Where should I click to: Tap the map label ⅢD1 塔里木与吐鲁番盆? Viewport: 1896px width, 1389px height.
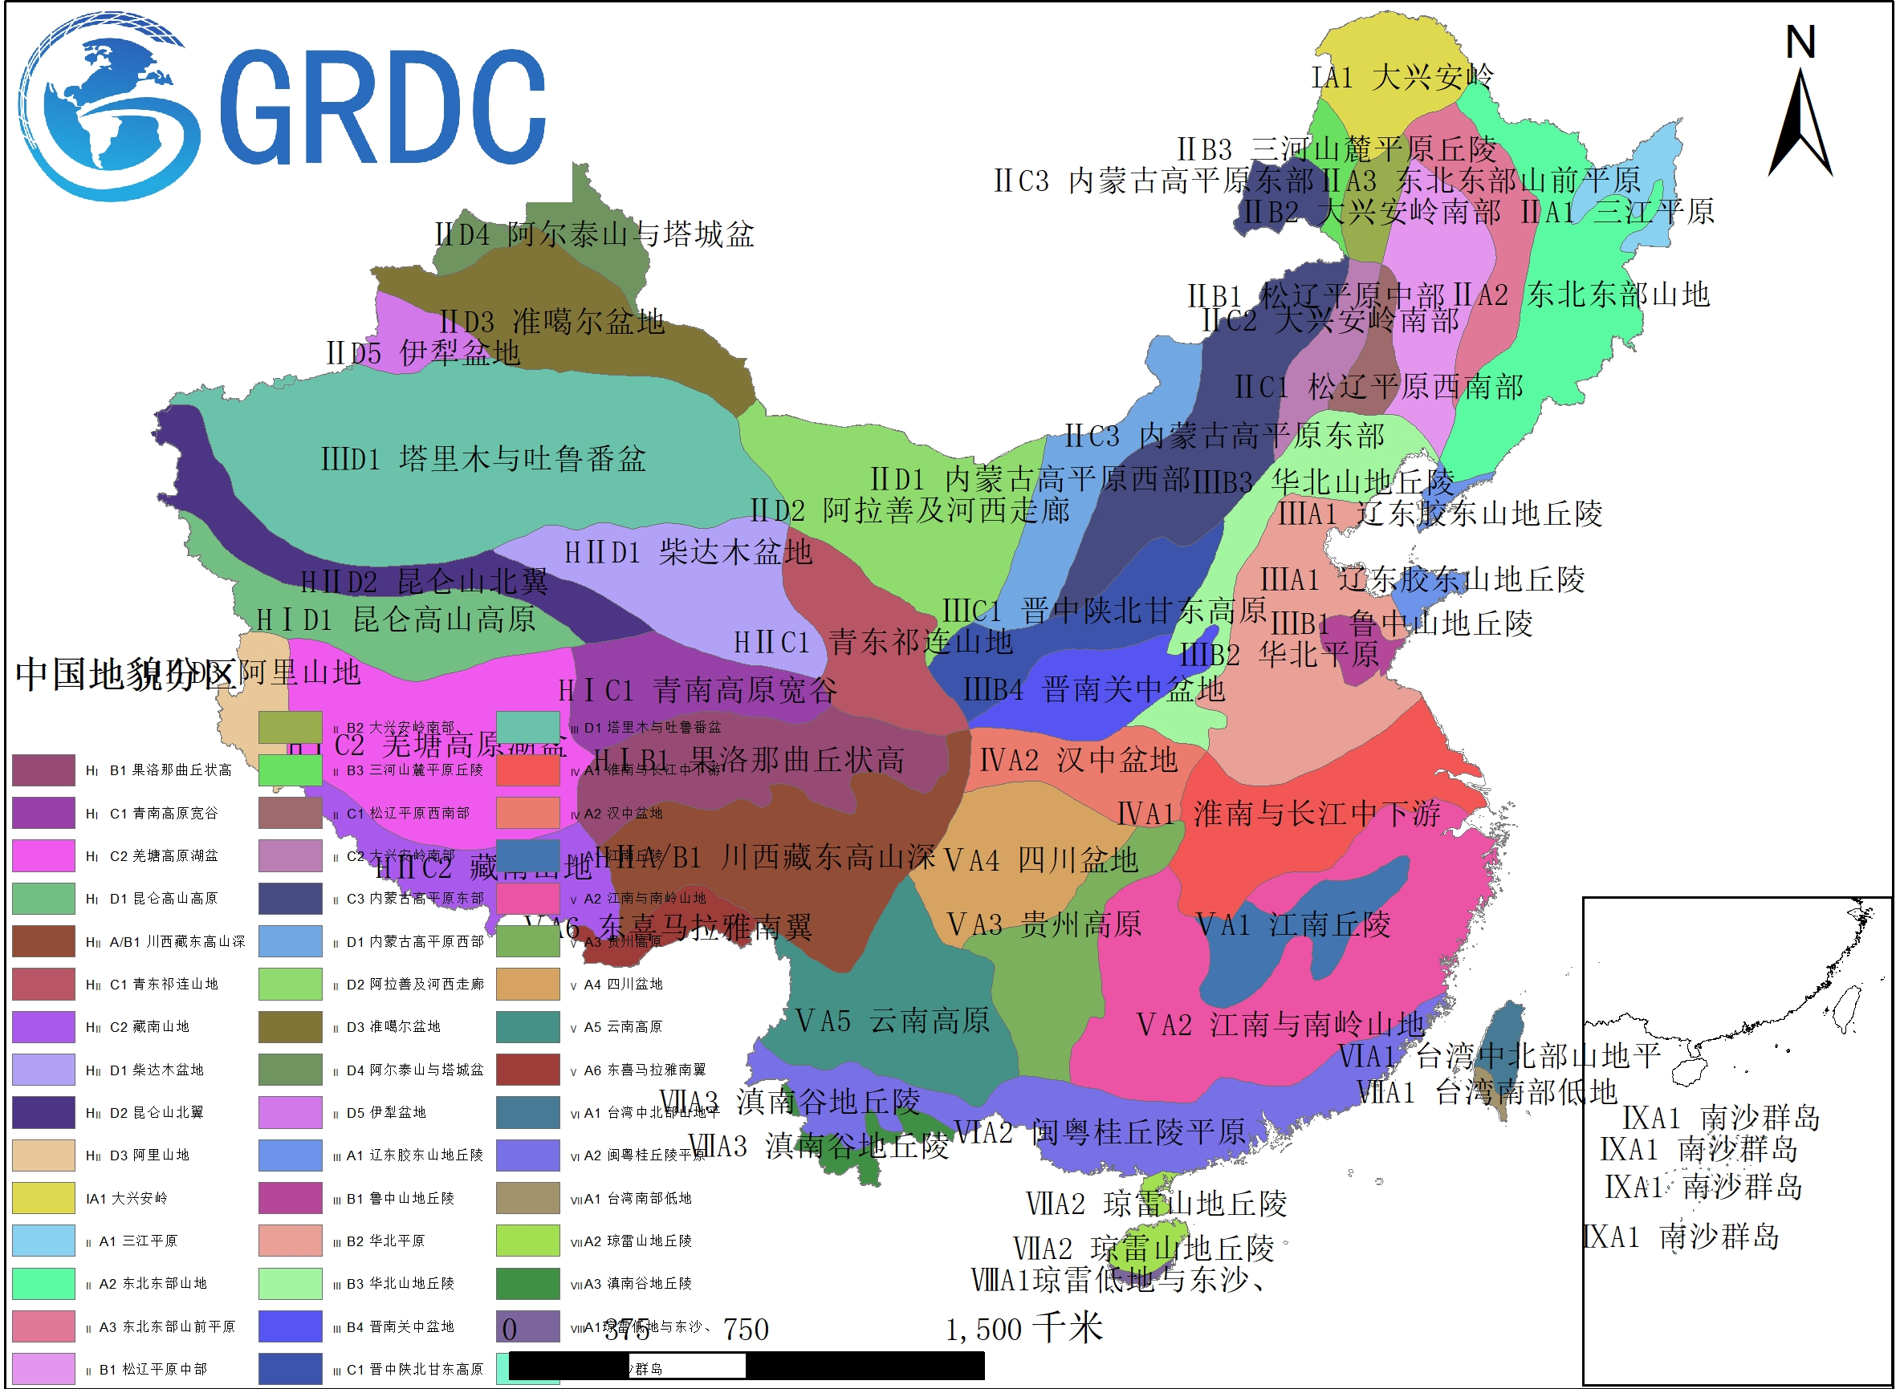(x=484, y=459)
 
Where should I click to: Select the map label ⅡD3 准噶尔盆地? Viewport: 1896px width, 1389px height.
(x=551, y=321)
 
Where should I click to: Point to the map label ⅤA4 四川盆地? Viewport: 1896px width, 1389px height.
(x=1040, y=860)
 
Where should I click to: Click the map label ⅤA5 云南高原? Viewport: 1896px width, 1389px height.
(x=893, y=1021)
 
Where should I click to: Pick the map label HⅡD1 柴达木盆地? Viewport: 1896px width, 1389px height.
(x=688, y=552)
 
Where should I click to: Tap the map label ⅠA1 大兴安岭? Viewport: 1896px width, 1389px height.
(x=1402, y=77)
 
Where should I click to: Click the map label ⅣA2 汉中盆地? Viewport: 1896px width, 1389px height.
(x=1078, y=760)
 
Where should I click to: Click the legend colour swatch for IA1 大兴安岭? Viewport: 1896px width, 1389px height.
(x=43, y=1198)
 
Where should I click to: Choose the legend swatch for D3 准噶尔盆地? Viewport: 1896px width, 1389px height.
(x=291, y=1026)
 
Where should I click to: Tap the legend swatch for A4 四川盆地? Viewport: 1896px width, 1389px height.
(x=527, y=984)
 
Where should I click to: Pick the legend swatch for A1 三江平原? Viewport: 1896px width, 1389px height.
(x=43, y=1241)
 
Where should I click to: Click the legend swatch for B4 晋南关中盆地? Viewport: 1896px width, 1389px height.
(x=291, y=1326)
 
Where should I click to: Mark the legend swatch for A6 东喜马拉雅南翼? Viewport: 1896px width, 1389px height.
(x=527, y=1070)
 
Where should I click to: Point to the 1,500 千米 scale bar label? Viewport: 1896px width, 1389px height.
(x=1023, y=1330)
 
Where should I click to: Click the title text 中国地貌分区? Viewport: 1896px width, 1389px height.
(x=124, y=674)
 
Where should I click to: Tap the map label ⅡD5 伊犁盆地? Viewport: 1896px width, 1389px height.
(x=423, y=353)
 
